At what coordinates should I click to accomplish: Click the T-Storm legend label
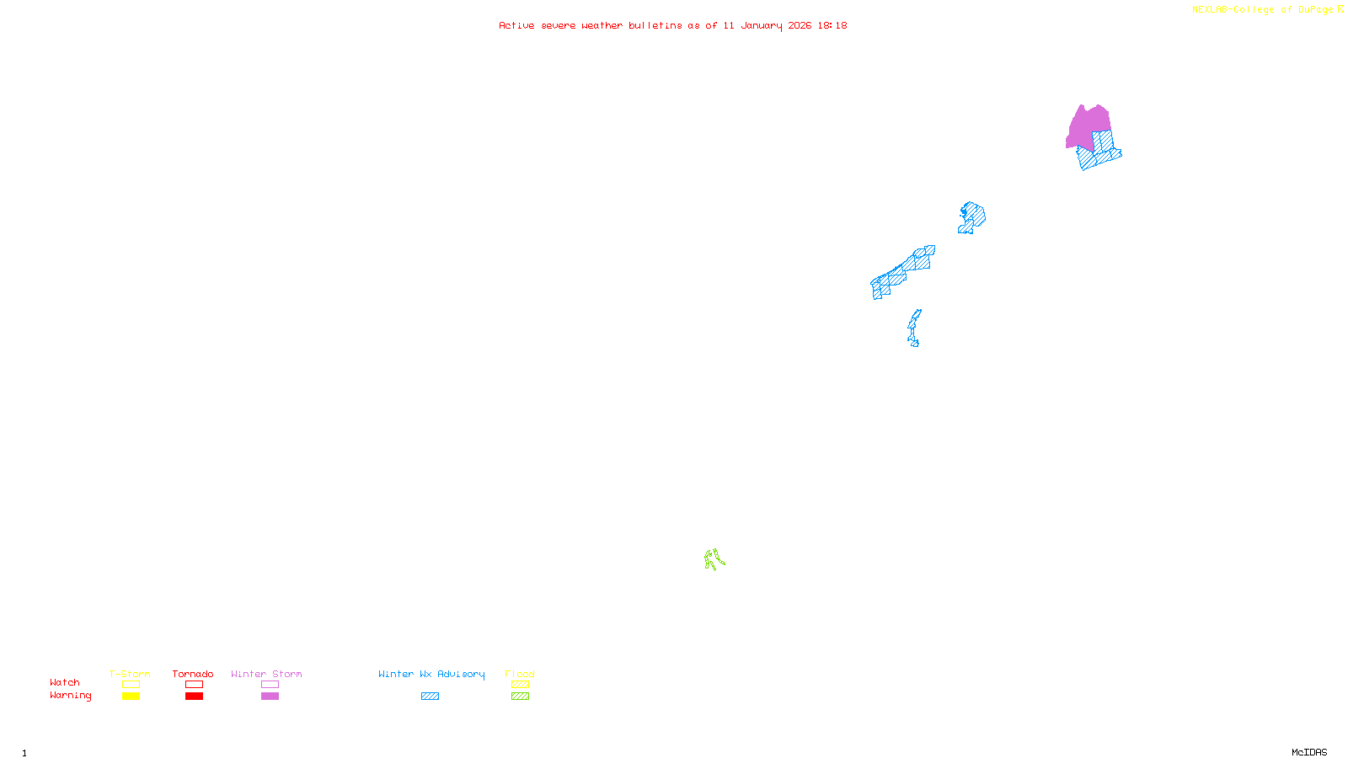[130, 674]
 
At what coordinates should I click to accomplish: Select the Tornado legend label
[193, 674]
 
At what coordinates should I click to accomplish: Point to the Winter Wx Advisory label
[431, 674]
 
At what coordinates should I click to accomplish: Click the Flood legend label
[520, 674]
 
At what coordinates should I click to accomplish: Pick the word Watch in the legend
[65, 682]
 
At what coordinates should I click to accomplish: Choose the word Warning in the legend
[70, 696]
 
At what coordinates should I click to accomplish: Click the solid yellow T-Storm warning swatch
[131, 697]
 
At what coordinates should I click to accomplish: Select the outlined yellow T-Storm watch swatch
[131, 685]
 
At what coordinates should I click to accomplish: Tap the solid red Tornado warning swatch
[194, 697]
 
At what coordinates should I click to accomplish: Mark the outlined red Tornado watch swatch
[194, 685]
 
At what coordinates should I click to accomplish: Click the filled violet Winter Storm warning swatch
[270, 697]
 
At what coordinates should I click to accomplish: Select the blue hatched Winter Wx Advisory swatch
[430, 697]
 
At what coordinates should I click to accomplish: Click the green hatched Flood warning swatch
[520, 697]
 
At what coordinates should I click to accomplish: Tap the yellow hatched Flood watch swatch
[520, 685]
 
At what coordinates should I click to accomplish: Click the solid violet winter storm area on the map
[1087, 126]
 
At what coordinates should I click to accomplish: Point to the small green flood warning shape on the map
[714, 559]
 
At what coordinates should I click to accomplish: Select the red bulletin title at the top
[672, 26]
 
